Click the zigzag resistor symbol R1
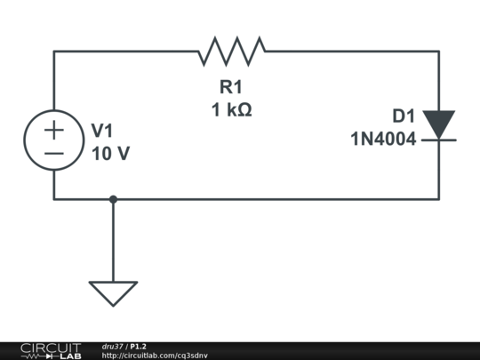(231, 52)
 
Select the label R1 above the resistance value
(231, 87)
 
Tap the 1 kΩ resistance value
(231, 110)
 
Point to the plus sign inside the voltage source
(54, 130)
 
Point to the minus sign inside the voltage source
(54, 154)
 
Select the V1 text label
(103, 131)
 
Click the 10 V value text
(110, 153)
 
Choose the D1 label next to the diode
(404, 116)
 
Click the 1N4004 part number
(383, 139)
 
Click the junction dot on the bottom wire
(113, 199)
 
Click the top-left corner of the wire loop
(54, 52)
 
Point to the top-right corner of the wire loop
(438, 52)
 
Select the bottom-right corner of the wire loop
(438, 199)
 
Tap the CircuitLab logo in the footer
(50, 350)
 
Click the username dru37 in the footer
(112, 346)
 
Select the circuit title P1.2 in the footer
(139, 346)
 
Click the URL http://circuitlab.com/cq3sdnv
(155, 356)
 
